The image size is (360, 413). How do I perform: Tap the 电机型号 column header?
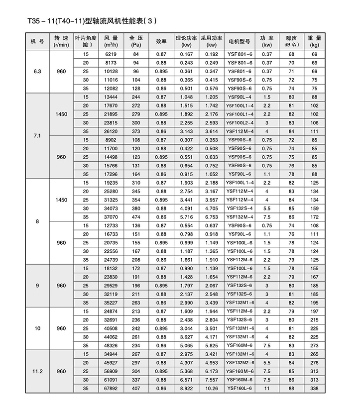point(240,41)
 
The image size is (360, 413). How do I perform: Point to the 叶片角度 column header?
point(86,41)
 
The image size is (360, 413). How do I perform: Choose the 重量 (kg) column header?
point(314,41)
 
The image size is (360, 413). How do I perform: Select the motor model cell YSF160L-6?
point(240,388)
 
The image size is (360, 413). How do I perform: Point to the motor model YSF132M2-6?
point(240,363)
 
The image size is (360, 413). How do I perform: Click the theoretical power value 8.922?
point(186,388)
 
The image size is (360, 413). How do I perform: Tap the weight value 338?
point(314,388)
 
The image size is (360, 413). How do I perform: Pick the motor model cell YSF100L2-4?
point(240,122)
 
